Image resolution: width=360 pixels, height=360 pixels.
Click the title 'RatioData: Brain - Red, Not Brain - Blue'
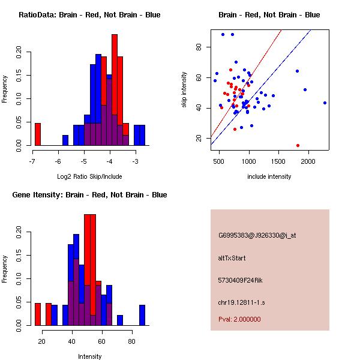(x=89, y=15)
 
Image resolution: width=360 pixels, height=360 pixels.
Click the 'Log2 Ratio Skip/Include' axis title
(x=89, y=176)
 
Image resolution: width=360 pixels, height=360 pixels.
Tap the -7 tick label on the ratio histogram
(x=32, y=161)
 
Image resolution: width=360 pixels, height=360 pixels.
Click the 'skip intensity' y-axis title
(x=184, y=90)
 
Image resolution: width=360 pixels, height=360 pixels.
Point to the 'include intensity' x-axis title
(x=269, y=176)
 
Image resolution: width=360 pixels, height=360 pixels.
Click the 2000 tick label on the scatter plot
(x=308, y=161)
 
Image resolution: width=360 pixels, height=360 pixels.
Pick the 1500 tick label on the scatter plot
(x=278, y=161)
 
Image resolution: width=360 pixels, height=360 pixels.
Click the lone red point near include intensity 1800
(x=298, y=145)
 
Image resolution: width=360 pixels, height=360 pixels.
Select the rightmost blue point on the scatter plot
(x=325, y=103)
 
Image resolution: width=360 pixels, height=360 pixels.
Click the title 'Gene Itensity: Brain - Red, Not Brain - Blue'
(x=89, y=195)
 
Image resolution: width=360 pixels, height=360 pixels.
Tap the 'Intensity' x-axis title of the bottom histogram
(x=89, y=356)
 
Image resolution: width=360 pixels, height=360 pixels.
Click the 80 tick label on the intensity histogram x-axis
(x=131, y=341)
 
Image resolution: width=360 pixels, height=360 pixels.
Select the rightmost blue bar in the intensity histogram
(x=142, y=315)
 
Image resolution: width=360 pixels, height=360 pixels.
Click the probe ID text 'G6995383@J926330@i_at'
(x=257, y=235)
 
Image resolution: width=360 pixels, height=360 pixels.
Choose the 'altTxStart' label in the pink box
(x=232, y=258)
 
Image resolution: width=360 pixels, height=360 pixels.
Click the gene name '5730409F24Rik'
(x=241, y=280)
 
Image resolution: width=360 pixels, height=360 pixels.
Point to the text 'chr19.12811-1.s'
(x=241, y=302)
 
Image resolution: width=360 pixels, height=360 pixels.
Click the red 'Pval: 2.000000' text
(x=239, y=319)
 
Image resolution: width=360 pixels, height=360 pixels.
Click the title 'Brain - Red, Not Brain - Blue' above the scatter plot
(x=269, y=15)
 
